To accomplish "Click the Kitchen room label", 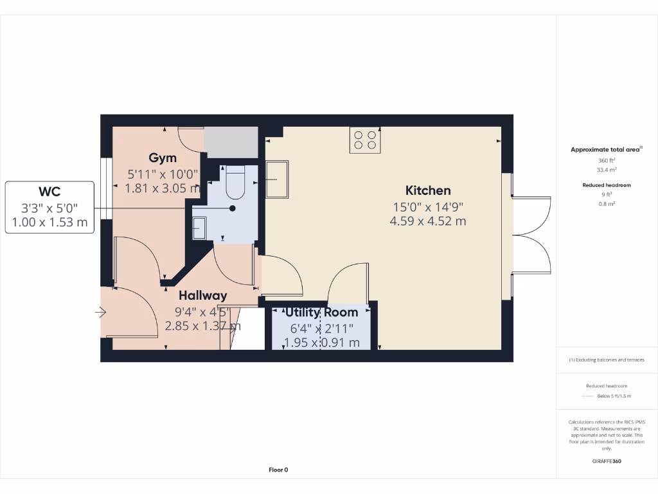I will click(427, 190).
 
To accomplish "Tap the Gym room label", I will click(163, 158).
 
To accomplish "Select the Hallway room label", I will click(202, 295).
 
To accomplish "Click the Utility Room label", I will click(322, 312).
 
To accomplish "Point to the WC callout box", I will click(49, 207).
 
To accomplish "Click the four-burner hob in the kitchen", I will click(365, 140).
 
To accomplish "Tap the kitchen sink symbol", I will click(278, 179).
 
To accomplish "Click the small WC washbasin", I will click(200, 227).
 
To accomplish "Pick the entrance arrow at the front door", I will click(100, 313).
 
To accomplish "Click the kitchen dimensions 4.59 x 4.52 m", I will click(427, 221).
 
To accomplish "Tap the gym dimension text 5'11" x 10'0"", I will click(163, 174).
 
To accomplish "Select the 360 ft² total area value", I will click(607, 160).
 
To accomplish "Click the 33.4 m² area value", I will click(607, 170).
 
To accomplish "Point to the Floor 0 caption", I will click(278, 470).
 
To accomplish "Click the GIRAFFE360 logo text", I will click(607, 461).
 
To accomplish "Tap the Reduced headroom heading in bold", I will click(607, 185).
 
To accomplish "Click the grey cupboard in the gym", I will click(231, 142).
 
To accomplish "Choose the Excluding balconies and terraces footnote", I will click(607, 360).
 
